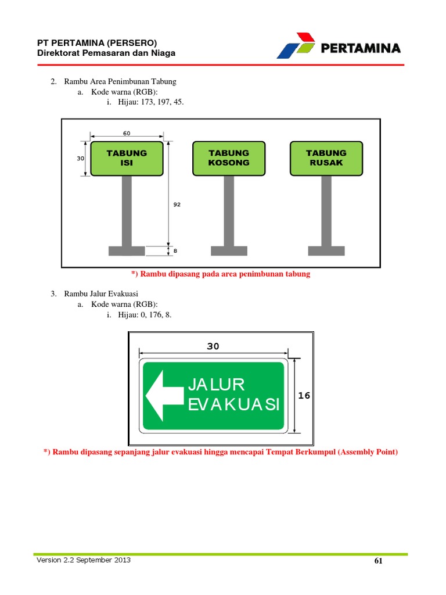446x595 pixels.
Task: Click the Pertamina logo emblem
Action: pyautogui.click(x=296, y=46)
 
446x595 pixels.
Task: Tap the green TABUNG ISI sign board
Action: pyautogui.click(x=127, y=158)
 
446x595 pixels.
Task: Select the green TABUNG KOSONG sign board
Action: pyautogui.click(x=229, y=158)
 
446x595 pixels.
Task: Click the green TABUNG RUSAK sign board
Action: pyautogui.click(x=326, y=158)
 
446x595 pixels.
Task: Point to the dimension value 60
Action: pyautogui.click(x=127, y=134)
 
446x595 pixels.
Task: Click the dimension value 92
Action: pyautogui.click(x=177, y=205)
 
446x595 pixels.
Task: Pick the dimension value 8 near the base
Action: pyautogui.click(x=175, y=251)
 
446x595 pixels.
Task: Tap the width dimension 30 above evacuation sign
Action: pyautogui.click(x=213, y=346)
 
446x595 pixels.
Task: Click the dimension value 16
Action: pyautogui.click(x=304, y=396)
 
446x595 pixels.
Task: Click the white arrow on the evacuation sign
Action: pyautogui.click(x=164, y=396)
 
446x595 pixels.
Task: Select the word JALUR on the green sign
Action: pyautogui.click(x=216, y=385)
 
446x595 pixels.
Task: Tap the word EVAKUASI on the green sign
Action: pyautogui.click(x=234, y=405)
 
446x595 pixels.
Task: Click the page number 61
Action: pyautogui.click(x=379, y=561)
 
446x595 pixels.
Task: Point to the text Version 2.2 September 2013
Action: pyautogui.click(x=84, y=560)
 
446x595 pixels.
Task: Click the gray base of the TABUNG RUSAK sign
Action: pyautogui.click(x=326, y=251)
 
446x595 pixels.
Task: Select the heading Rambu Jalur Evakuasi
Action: pyautogui.click(x=105, y=293)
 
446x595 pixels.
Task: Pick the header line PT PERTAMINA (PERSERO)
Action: pyautogui.click(x=97, y=43)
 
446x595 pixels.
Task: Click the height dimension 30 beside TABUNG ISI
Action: pyautogui.click(x=81, y=158)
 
